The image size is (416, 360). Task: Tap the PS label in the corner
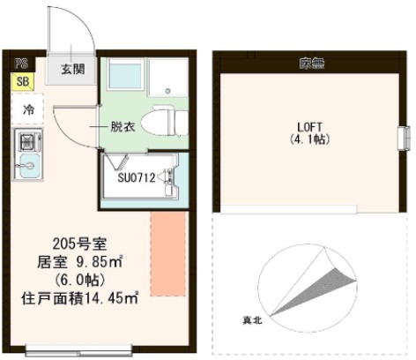[x=21, y=64]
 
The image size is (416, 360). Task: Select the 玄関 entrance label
[x=73, y=68]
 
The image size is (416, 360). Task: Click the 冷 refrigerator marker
[x=28, y=110]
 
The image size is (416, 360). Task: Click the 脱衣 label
[x=122, y=127]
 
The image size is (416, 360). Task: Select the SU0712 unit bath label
[x=137, y=177]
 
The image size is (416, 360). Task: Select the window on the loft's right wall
[x=406, y=139]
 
